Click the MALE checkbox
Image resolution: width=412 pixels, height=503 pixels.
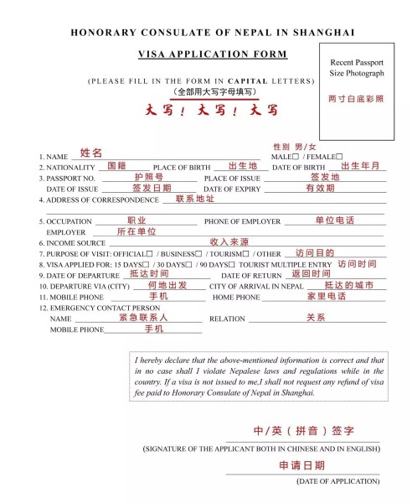[x=294, y=156]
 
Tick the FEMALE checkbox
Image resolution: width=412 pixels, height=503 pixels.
[x=339, y=156]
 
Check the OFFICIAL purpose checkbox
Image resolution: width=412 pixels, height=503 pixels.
[x=149, y=254]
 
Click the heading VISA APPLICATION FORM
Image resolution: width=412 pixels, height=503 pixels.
[x=212, y=54]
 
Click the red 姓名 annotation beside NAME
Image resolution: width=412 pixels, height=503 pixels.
[x=91, y=153]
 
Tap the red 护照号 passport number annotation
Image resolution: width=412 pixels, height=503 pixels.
[x=148, y=177]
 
